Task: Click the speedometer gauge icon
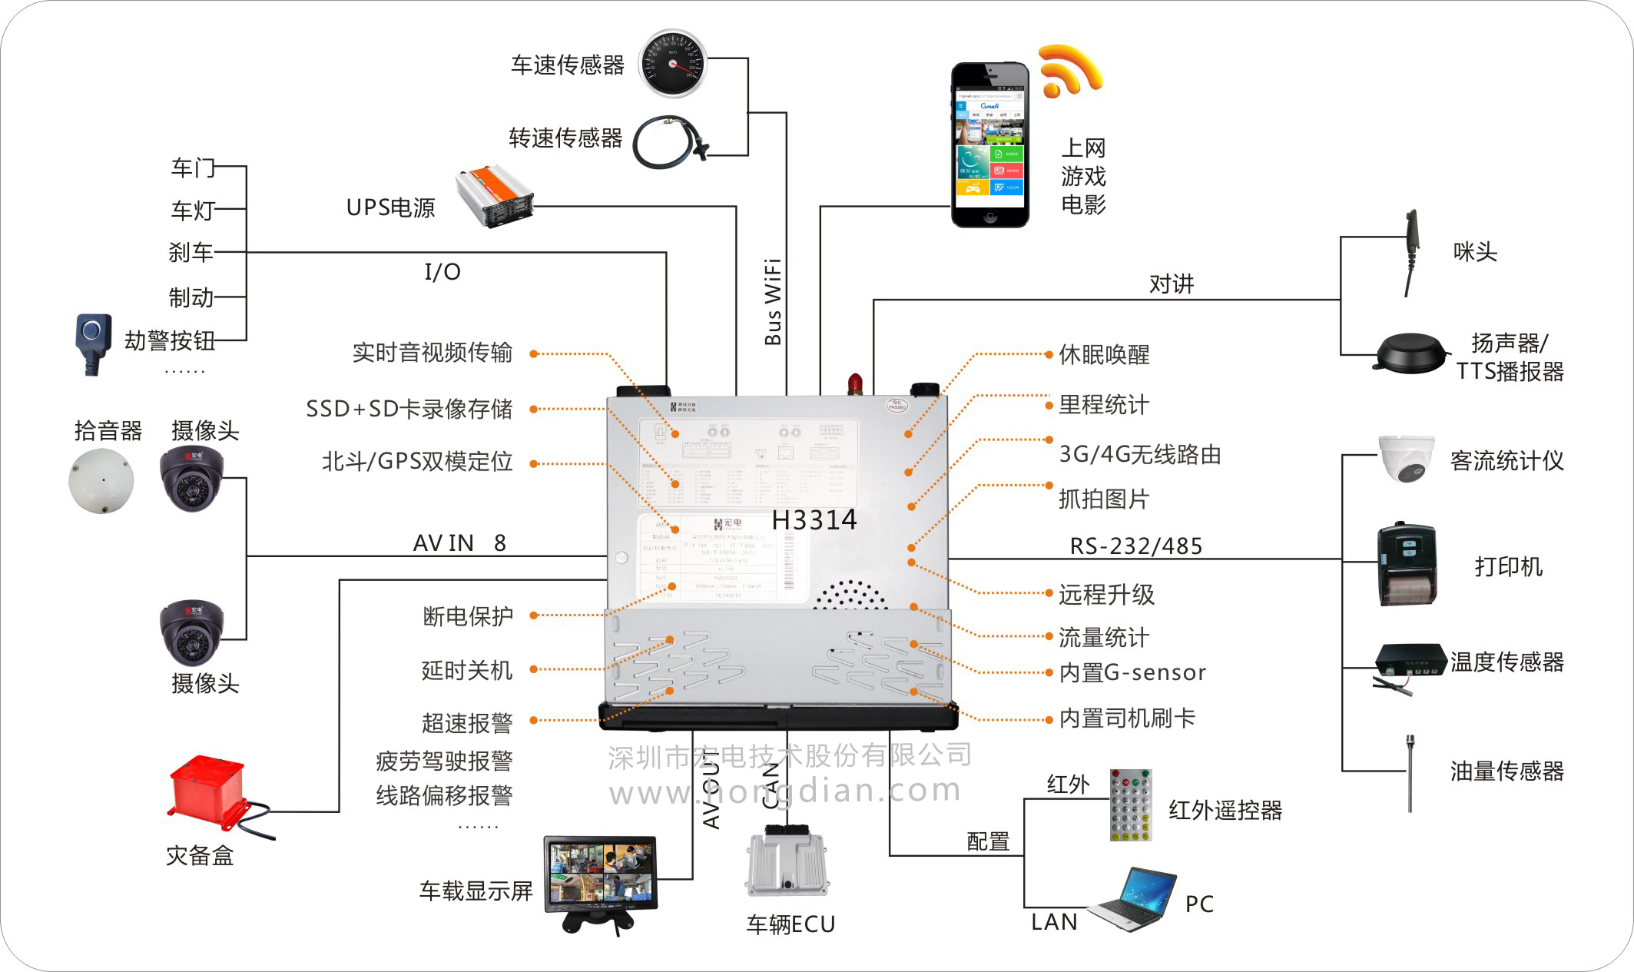[x=674, y=64]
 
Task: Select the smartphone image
[x=989, y=145]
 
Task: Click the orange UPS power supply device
[x=494, y=196]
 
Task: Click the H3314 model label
[x=814, y=520]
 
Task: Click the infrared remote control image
[x=1130, y=804]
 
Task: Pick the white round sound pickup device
[x=101, y=481]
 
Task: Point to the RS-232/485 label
[x=1135, y=546]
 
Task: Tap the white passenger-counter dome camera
[x=1405, y=459]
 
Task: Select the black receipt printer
[x=1407, y=565]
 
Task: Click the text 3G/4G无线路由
[x=1139, y=454]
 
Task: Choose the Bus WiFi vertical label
[x=774, y=301]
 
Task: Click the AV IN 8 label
[x=459, y=543]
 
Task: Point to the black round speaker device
[x=1411, y=353]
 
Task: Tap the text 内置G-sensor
[x=1132, y=673]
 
